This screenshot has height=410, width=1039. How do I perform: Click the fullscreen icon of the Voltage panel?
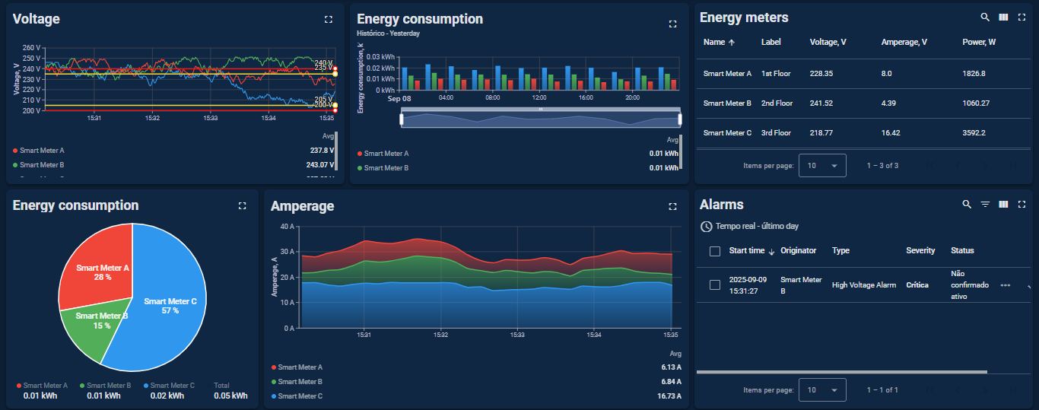[328, 19]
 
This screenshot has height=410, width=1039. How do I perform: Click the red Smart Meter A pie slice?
[97, 266]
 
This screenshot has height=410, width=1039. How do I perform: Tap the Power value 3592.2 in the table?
[974, 132]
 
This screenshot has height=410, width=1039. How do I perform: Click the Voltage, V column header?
[828, 42]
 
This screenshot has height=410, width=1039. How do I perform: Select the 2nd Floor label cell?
[777, 103]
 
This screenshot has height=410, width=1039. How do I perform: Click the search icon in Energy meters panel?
[985, 17]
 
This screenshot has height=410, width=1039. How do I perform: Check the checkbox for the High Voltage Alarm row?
[714, 284]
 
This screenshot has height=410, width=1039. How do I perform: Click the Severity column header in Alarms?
[920, 250]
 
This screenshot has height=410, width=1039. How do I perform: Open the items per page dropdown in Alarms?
[822, 390]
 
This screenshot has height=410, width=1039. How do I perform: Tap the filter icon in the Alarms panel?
[985, 204]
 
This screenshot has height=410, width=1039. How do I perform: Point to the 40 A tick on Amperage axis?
[287, 227]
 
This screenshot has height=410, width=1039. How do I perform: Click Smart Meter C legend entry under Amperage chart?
[300, 396]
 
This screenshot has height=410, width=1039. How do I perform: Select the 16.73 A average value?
[669, 396]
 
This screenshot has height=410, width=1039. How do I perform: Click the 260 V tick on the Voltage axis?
[32, 48]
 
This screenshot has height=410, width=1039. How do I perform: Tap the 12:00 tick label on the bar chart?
[539, 97]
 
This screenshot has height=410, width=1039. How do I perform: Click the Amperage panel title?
[302, 206]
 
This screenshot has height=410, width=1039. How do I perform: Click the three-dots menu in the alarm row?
[1005, 285]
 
